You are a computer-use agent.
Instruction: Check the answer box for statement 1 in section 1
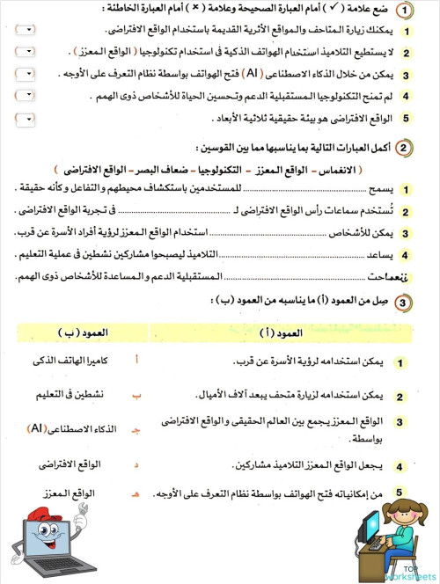tap(26, 31)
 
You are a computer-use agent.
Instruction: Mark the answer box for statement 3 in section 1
tap(26, 75)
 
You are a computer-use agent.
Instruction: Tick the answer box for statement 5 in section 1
tap(26, 117)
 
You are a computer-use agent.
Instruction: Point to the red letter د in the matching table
tap(160, 463)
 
